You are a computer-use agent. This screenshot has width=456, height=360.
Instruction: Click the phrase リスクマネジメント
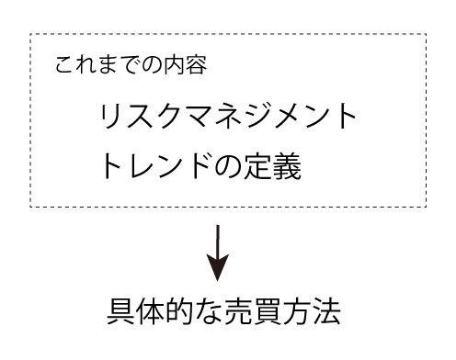pos(227,118)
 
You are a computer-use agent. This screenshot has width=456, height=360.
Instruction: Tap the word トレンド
pos(156,167)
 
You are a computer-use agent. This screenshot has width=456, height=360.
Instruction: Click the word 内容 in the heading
pos(187,66)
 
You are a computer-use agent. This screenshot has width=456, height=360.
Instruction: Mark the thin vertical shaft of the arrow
pos(218,241)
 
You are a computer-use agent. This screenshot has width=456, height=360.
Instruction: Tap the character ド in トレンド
pos(199,167)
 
